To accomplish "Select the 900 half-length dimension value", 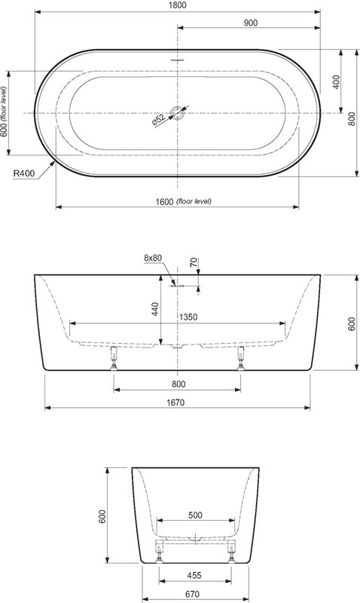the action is pos(251,23).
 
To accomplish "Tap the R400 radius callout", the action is pos(24,173).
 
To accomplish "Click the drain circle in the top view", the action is pos(178,112).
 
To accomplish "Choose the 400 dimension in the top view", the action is pos(337,82).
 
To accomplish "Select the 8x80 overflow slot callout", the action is pos(153,258).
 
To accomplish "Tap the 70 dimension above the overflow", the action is pos(194,262).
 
